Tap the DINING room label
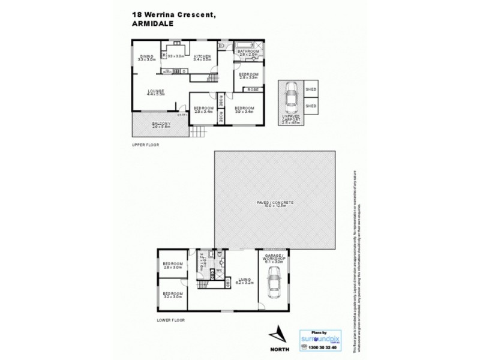[x=146, y=58]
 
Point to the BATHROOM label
[x=248, y=52]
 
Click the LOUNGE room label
[x=156, y=92]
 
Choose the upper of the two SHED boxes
[x=311, y=90]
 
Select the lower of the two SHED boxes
[x=311, y=106]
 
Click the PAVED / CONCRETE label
[x=274, y=204]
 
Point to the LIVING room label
[x=243, y=279]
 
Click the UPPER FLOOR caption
[x=146, y=146]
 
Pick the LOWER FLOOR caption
[x=171, y=320]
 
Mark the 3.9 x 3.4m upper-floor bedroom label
[x=244, y=109]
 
